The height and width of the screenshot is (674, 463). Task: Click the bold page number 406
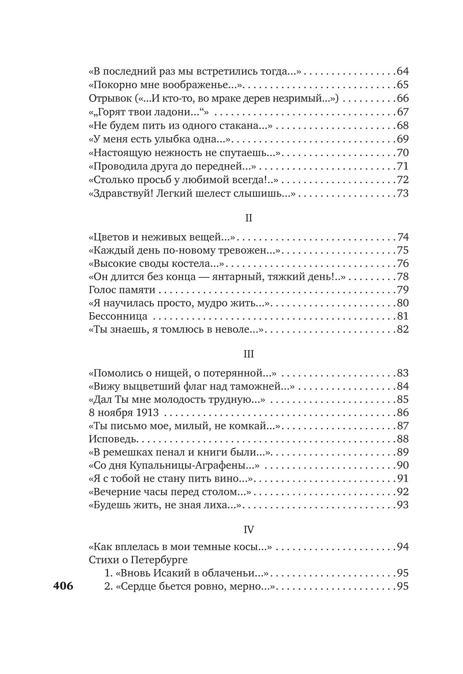pos(63,586)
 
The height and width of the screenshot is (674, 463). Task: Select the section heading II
pos(248,218)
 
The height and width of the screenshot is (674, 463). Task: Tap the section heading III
pos(248,354)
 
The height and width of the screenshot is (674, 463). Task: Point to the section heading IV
pos(249,529)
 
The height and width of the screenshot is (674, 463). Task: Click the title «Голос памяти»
pos(122,290)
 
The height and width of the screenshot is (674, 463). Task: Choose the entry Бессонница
pos(118,316)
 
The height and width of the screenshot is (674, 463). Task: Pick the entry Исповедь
pos(113,439)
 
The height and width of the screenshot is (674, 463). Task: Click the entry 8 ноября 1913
pos(124,412)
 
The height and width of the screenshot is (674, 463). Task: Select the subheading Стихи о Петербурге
pos(138,560)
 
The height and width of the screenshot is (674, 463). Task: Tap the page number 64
pos(403,71)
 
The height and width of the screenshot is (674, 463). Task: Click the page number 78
pos(403,277)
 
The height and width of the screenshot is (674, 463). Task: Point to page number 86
pos(403,412)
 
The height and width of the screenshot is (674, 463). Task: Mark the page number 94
pos(403,547)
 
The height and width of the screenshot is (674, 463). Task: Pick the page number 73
pos(403,194)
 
